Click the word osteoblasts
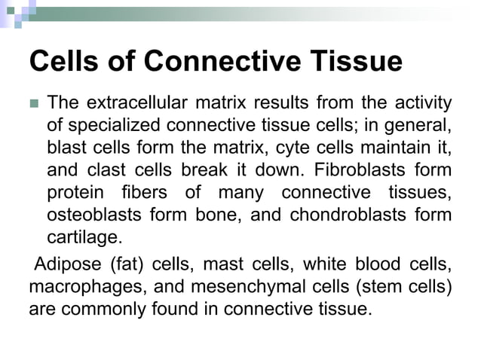coord(94,215)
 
